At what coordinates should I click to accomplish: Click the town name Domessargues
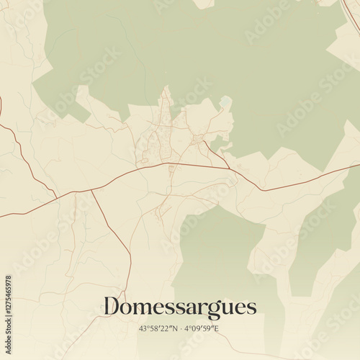pos(179,307)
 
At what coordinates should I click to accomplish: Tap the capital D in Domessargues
pos(111,307)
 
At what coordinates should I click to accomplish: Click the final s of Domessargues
pos(252,308)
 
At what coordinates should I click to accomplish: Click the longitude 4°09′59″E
pos(202,329)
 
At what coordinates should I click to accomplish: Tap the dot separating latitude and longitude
pos(180,329)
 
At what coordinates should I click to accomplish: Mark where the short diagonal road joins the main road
pos(229,168)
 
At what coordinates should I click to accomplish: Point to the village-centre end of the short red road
pos(203,140)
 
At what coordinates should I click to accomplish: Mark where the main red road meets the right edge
pos(359,165)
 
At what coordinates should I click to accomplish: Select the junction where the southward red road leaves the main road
pos(91,190)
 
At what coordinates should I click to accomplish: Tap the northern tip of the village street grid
pos(166,87)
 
